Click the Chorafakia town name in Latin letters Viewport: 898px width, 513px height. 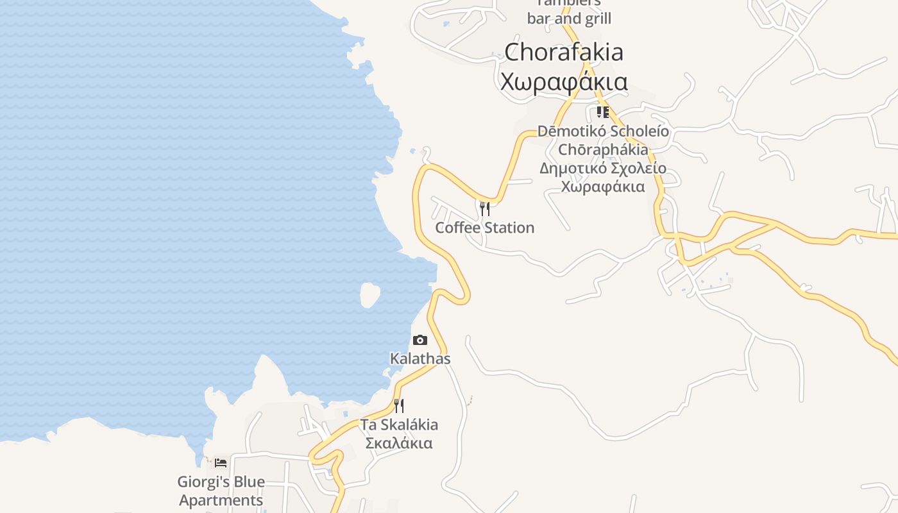[x=564, y=52]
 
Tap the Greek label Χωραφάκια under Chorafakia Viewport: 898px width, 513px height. [x=564, y=82]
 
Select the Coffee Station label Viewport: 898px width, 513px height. [x=484, y=228]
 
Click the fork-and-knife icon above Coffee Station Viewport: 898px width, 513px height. [x=485, y=208]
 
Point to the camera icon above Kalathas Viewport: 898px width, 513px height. [x=420, y=340]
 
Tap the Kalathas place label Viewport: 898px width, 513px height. [x=420, y=358]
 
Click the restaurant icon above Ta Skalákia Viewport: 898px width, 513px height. [x=399, y=405]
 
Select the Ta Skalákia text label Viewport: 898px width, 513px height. [x=399, y=425]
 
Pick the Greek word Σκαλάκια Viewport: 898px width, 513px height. [x=399, y=443]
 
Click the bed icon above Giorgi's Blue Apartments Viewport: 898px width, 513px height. [x=221, y=462]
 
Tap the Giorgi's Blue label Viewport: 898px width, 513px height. [x=221, y=482]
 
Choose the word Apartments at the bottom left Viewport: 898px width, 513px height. [x=221, y=500]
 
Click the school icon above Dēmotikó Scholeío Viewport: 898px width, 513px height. [x=602, y=112]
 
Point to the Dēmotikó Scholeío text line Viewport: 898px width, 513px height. [x=603, y=131]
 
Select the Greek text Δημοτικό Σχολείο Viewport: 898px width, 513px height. [x=603, y=169]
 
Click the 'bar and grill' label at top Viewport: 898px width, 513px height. [x=569, y=19]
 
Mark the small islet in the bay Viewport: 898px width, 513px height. [x=369, y=295]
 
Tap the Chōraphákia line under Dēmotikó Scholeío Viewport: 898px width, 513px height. [x=603, y=150]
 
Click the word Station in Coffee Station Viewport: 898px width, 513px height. [x=509, y=228]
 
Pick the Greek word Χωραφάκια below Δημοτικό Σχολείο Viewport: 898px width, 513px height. [x=603, y=187]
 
